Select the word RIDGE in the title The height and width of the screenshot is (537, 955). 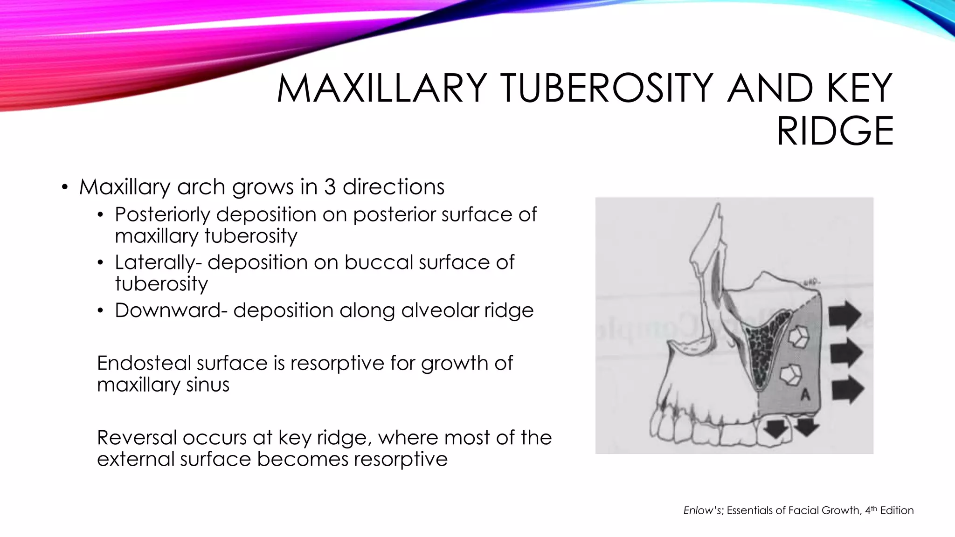pyautogui.click(x=835, y=131)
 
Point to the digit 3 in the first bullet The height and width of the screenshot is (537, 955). pyautogui.click(x=330, y=187)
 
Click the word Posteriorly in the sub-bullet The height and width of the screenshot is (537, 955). pyautogui.click(x=163, y=214)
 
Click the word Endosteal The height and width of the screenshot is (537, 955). pyautogui.click(x=144, y=363)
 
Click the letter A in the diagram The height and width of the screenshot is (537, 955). pyautogui.click(x=805, y=395)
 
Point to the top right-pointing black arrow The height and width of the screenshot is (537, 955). pyautogui.click(x=844, y=316)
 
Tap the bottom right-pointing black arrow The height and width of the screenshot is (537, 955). pyautogui.click(x=847, y=390)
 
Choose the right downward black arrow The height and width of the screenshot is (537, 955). pyautogui.click(x=807, y=425)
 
